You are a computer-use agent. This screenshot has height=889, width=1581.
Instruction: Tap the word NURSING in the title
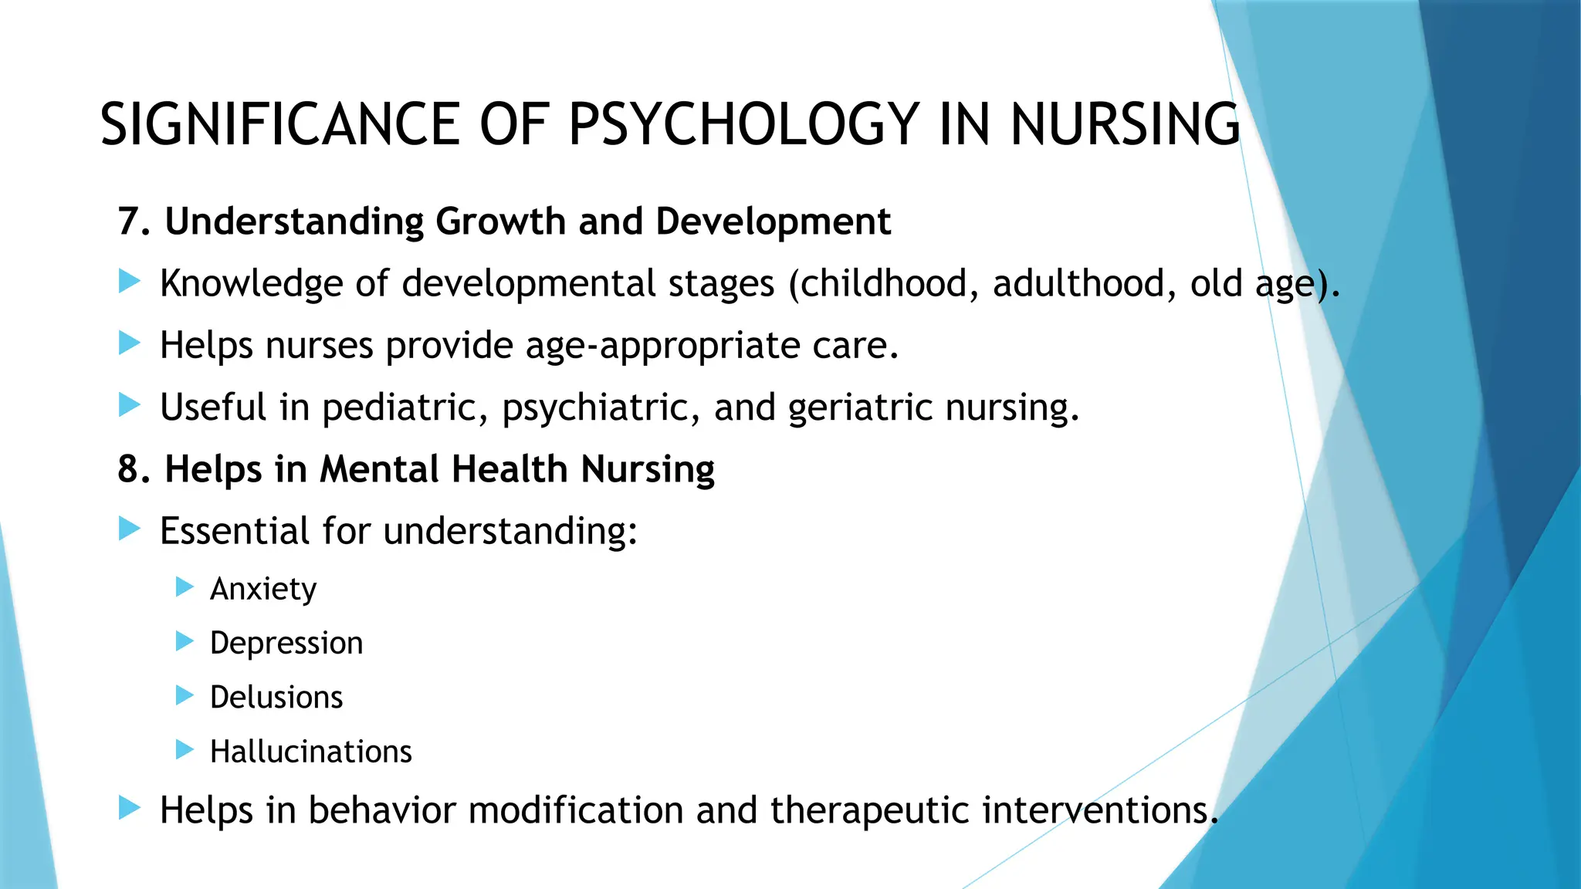point(1125,125)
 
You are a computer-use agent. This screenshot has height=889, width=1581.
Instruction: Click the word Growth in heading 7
point(500,222)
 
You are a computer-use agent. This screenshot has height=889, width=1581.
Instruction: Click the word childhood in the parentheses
point(883,283)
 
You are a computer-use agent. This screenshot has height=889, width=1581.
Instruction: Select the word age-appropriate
point(662,346)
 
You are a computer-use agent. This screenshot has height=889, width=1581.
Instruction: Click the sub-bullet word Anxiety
point(263,590)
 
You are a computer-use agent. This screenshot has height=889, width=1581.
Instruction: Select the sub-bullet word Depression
point(286,644)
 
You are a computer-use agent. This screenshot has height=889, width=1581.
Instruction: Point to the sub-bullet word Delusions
point(276,698)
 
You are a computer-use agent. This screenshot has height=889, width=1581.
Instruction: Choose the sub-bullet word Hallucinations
point(311,752)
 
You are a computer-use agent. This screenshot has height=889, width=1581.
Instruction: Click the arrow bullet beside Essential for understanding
point(130,529)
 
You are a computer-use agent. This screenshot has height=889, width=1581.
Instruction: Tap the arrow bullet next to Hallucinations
point(184,749)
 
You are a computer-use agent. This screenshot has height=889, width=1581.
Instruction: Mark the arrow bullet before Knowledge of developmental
point(130,282)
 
